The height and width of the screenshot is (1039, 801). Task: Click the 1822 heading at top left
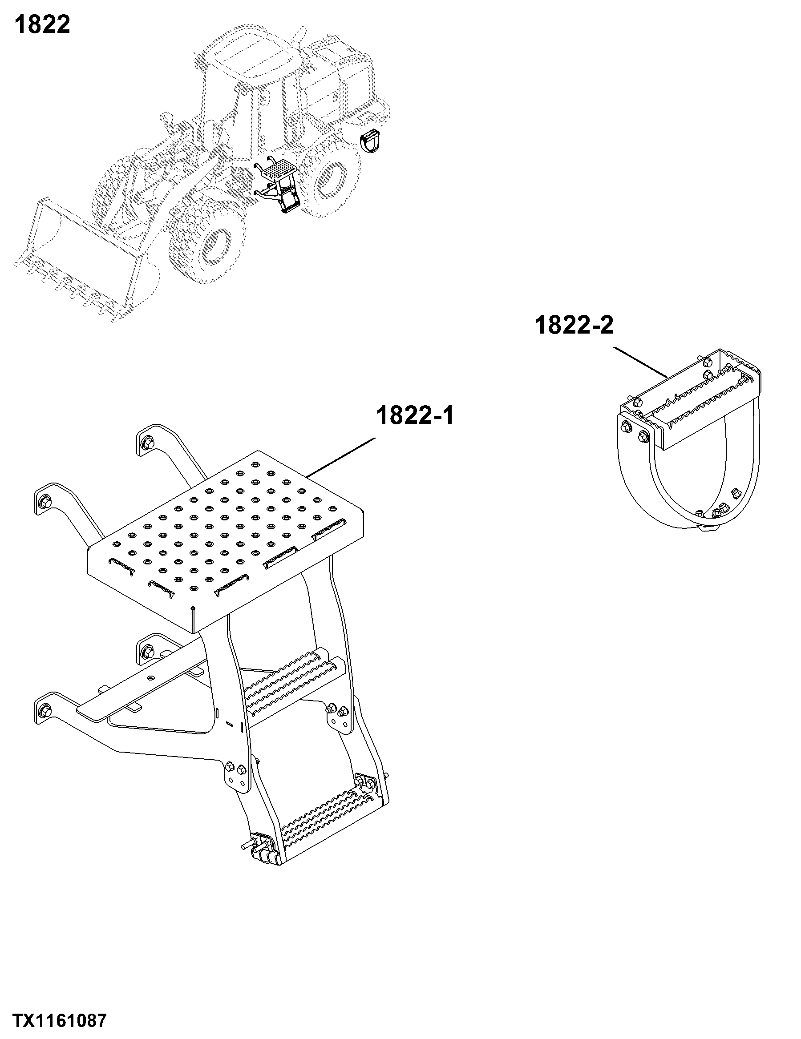[x=42, y=25]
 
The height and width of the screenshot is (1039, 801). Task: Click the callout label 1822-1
[x=415, y=415]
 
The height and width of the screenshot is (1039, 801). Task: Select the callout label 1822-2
[x=574, y=326]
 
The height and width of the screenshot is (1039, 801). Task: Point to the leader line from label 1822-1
[x=341, y=457]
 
